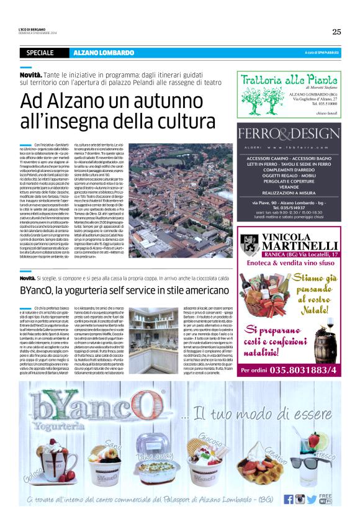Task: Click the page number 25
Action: coord(336,32)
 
